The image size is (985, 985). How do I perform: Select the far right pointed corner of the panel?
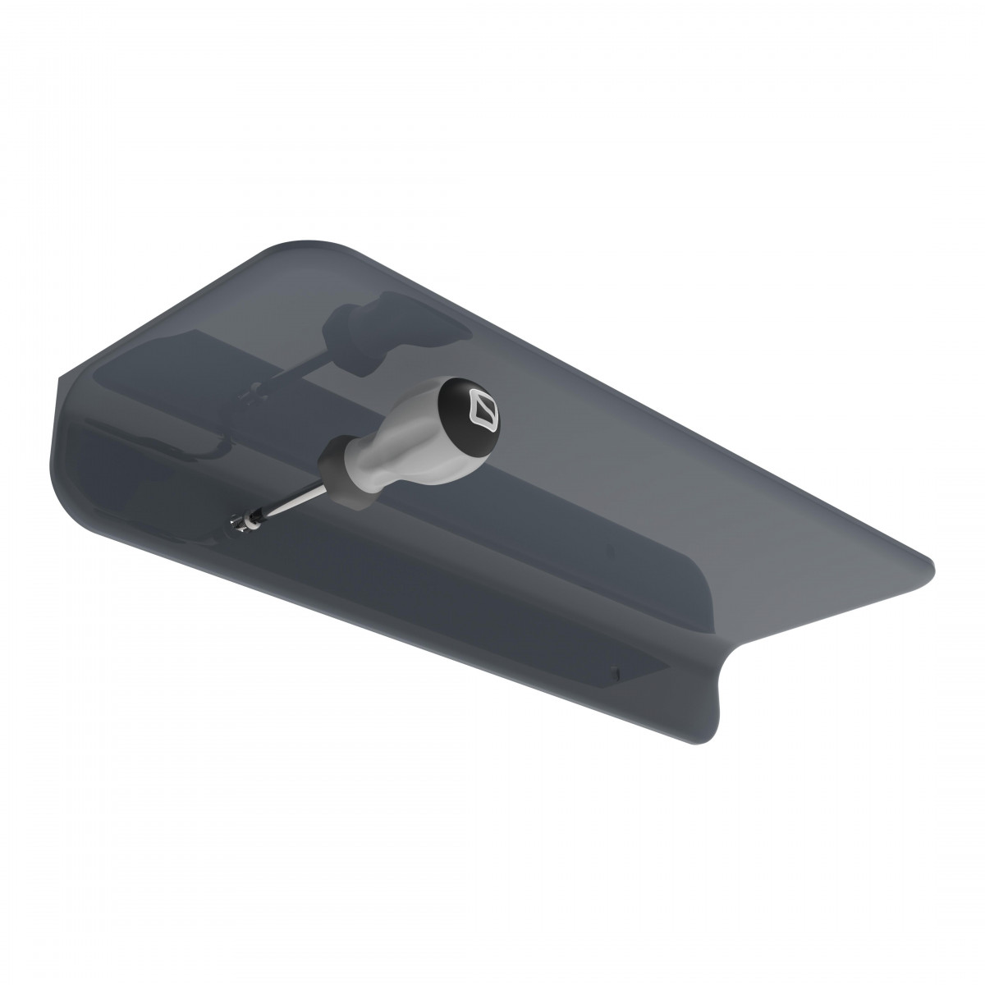932,566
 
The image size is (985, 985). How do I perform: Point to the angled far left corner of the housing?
61,378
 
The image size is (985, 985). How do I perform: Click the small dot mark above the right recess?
605,551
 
